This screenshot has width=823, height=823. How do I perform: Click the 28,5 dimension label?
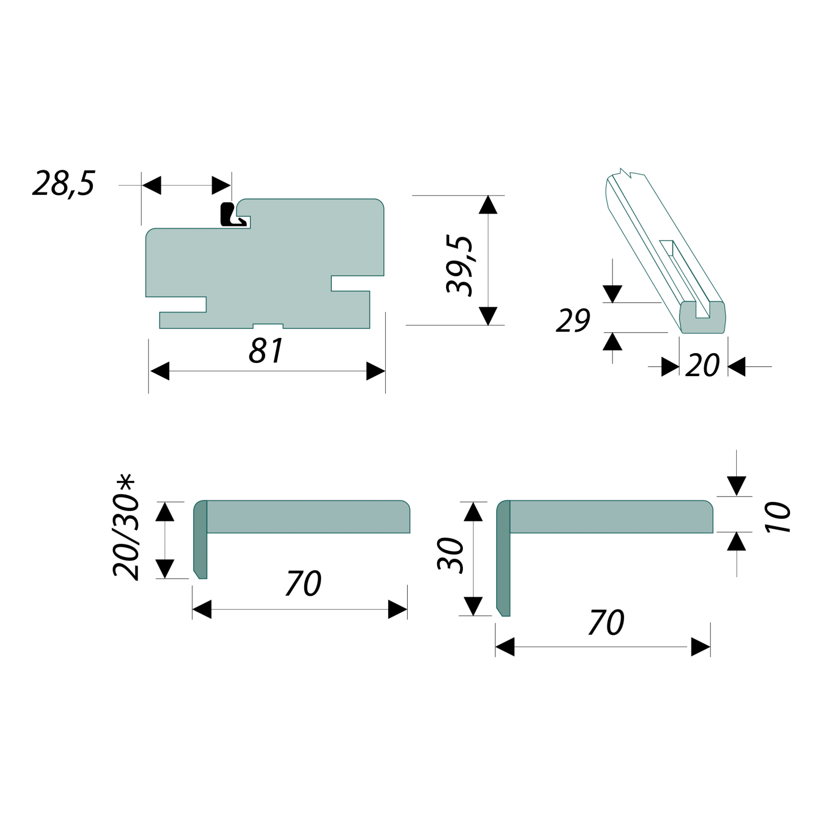64,184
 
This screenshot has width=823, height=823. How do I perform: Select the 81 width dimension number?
266,351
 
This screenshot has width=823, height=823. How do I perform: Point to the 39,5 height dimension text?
460,265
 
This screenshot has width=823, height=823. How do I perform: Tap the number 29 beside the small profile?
573,320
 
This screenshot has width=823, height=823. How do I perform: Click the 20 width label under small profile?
702,365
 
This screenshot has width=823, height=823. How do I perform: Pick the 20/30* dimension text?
126,528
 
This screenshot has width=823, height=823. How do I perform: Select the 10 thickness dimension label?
778,518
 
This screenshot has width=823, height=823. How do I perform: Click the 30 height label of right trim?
450,556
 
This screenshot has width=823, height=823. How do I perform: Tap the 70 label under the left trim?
303,583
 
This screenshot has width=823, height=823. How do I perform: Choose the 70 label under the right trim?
607,622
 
